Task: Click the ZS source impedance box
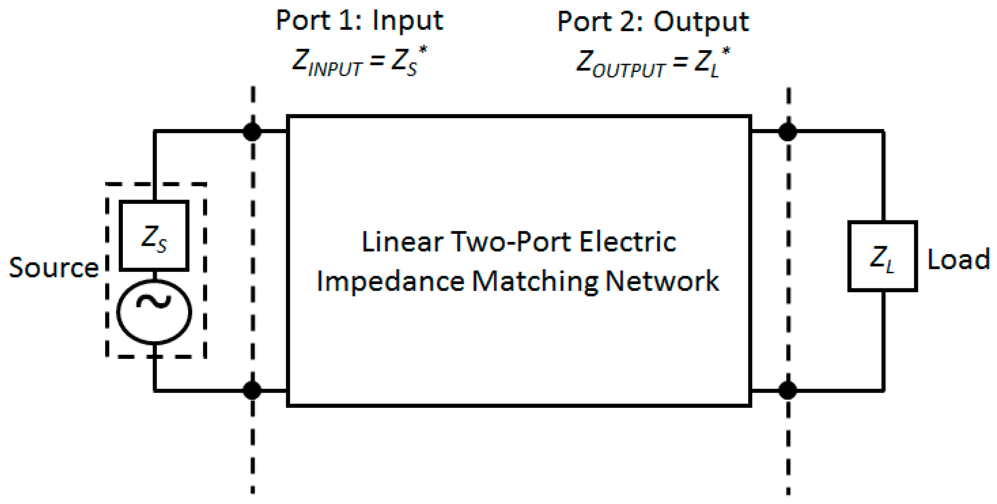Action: coord(154,236)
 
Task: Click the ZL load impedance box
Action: coord(882,256)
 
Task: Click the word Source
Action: coord(54,268)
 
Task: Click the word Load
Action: coord(959,259)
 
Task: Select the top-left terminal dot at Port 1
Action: coord(252,131)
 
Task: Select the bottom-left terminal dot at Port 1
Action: coord(252,390)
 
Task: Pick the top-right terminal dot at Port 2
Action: coord(788,131)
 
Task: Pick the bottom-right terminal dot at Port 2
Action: coord(788,390)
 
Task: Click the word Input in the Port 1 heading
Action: coord(407,21)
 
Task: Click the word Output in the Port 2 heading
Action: coord(701,22)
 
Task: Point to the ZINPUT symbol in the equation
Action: coord(327,62)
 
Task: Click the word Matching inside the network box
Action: coord(535,281)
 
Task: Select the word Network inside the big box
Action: coord(662,281)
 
